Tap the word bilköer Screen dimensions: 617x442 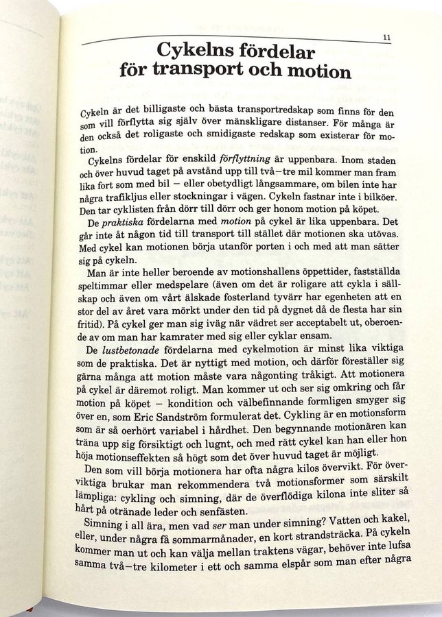(388, 185)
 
